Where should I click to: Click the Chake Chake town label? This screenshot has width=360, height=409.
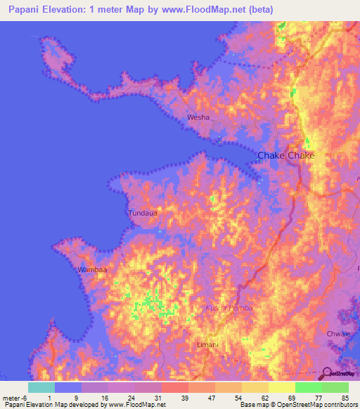[x=286, y=156]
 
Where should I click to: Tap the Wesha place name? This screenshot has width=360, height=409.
[x=198, y=118]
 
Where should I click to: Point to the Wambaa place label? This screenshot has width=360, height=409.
[x=92, y=269]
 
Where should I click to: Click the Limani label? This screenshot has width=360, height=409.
[x=207, y=344]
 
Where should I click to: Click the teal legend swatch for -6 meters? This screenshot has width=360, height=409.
[x=41, y=387]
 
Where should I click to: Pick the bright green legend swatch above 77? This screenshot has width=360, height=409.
[x=308, y=387]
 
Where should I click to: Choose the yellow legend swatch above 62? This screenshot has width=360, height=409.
[x=255, y=387]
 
